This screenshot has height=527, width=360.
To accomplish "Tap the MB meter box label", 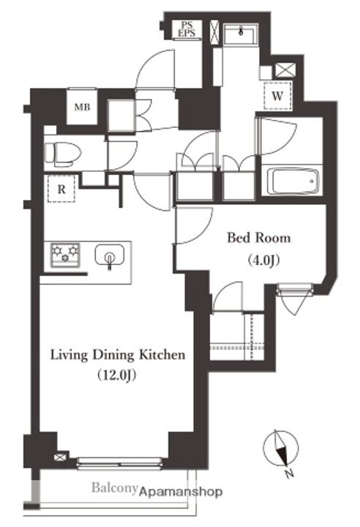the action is [82, 107].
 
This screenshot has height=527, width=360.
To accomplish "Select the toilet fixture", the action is [63, 154].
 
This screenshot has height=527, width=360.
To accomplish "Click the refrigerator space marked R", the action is [61, 190].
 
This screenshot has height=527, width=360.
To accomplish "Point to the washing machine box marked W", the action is [277, 96].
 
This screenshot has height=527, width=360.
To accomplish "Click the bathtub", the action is [293, 182].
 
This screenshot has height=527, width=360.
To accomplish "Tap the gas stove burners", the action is [65, 255].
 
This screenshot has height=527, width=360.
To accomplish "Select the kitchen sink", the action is [110, 256].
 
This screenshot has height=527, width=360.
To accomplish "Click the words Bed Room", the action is [259, 238].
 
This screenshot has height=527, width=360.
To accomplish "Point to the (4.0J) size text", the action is [264, 260].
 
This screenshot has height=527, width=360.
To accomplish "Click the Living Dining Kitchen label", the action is [118, 355].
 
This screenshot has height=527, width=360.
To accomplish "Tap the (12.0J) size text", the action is [117, 375].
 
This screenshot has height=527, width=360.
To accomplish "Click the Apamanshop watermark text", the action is [181, 492].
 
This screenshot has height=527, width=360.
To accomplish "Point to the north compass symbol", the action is [281, 449].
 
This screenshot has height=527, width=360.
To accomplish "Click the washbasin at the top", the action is [241, 34].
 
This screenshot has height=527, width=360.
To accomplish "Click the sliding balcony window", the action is [120, 463].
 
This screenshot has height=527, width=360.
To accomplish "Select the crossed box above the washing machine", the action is [285, 70].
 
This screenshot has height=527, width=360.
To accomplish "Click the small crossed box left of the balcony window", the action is [60, 457].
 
